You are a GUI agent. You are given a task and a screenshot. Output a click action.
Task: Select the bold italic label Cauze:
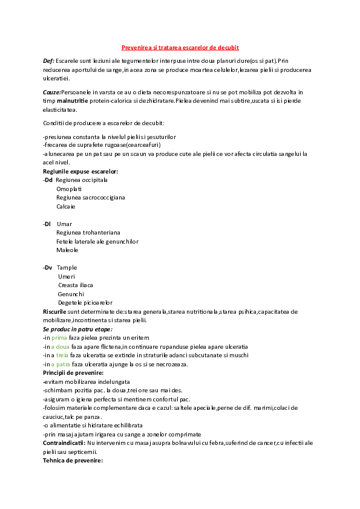51,91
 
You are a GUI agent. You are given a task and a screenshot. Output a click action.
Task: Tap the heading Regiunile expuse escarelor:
80,172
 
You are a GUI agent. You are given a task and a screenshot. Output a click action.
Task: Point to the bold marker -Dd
48,180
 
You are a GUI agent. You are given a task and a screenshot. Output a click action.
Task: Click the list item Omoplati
69,189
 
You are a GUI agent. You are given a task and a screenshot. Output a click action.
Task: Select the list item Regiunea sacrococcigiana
91,198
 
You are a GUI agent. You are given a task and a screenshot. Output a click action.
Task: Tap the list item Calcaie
66,206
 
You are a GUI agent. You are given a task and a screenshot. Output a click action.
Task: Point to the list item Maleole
67,250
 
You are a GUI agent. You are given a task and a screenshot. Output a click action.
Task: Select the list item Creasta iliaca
76,285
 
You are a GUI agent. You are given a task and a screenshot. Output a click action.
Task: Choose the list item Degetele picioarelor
85,302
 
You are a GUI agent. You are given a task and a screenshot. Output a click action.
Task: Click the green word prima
59,337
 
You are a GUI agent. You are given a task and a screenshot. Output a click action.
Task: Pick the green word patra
61,364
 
